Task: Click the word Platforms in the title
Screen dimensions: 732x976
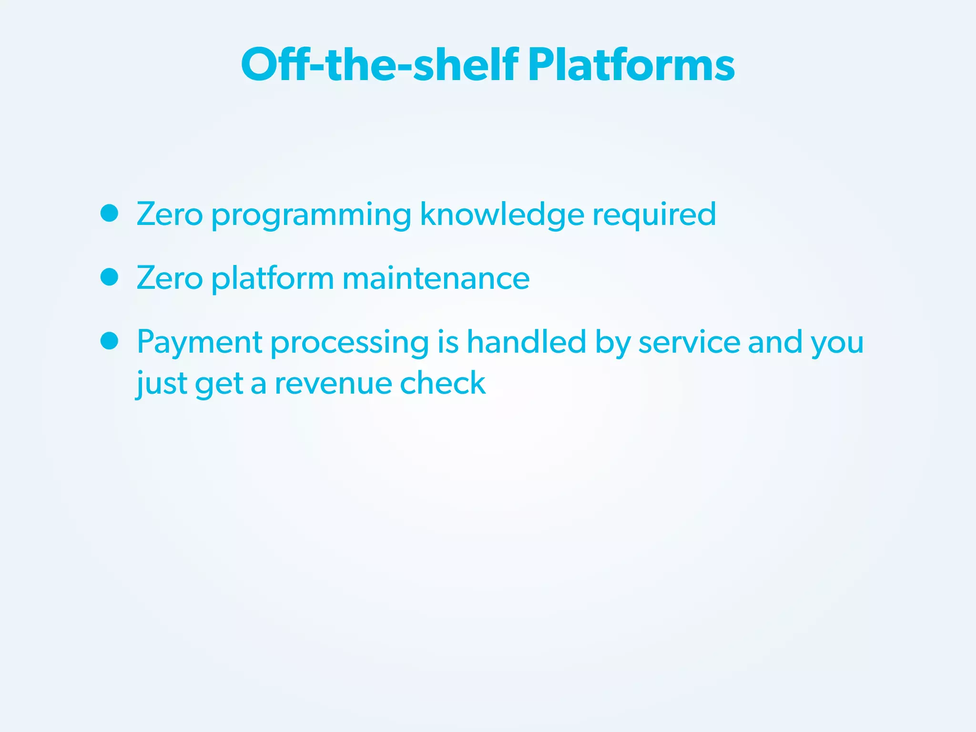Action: coord(631,65)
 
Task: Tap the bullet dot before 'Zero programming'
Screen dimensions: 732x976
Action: coord(110,213)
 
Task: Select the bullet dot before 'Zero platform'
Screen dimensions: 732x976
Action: coord(110,277)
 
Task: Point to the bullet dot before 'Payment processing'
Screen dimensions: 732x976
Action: coord(110,341)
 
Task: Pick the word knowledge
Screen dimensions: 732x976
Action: coord(502,214)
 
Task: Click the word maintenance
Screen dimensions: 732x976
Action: coord(436,278)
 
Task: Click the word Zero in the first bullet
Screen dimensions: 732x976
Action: coord(170,214)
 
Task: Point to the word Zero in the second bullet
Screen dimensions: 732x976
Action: coord(170,278)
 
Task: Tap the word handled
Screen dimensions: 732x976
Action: coord(526,342)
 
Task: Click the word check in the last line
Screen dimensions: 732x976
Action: coord(443,383)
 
